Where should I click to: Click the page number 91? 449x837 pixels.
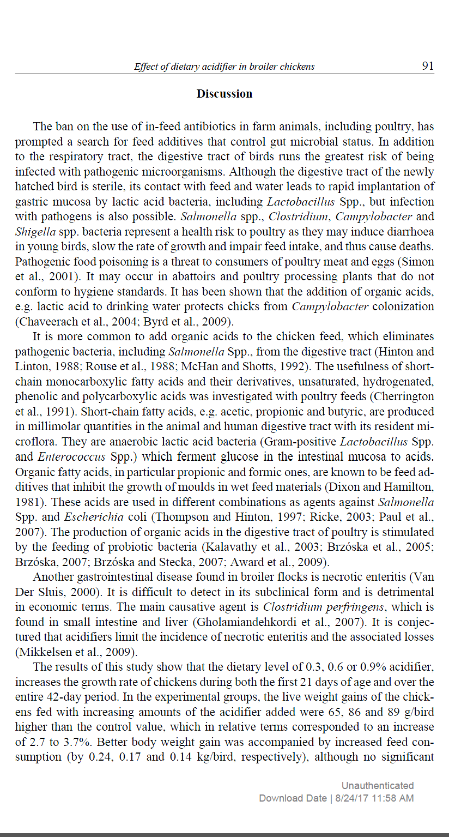click(x=428, y=66)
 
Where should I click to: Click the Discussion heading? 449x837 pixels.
click(x=225, y=94)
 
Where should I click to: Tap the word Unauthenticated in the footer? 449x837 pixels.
click(x=378, y=786)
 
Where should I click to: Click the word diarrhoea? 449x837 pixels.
click(x=406, y=232)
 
